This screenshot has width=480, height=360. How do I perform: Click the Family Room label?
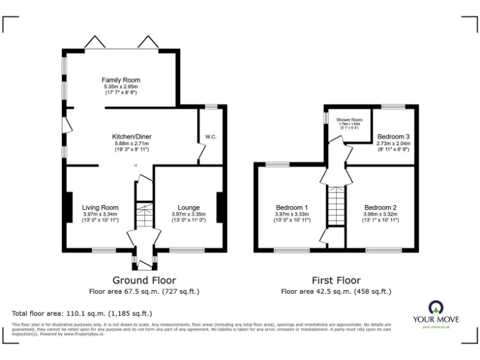pyautogui.click(x=121, y=80)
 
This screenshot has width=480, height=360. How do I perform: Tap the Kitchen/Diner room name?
pyautogui.click(x=131, y=136)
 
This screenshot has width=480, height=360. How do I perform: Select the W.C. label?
pyautogui.click(x=210, y=137)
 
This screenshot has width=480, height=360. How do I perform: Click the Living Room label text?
pyautogui.click(x=100, y=207)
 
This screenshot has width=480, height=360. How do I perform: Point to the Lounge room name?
pyautogui.click(x=188, y=207)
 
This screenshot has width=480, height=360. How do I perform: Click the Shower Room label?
pyautogui.click(x=349, y=119)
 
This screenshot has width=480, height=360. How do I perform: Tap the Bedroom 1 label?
pyautogui.click(x=292, y=207)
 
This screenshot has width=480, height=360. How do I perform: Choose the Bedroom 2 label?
pyautogui.click(x=381, y=207)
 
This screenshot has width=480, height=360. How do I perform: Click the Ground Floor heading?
pyautogui.click(x=144, y=280)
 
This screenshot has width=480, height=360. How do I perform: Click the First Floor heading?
pyautogui.click(x=336, y=280)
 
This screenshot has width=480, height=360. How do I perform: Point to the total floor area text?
pyautogui.click(x=82, y=313)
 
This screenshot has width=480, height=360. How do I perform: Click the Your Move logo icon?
pyautogui.click(x=436, y=307)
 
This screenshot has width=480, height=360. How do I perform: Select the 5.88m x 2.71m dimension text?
pyautogui.click(x=131, y=144)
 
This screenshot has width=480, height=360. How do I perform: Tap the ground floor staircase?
pyautogui.click(x=145, y=216)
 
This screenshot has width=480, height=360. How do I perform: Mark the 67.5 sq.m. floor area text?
pyautogui.click(x=144, y=291)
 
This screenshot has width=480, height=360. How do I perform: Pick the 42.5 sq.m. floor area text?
pyautogui.click(x=336, y=291)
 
